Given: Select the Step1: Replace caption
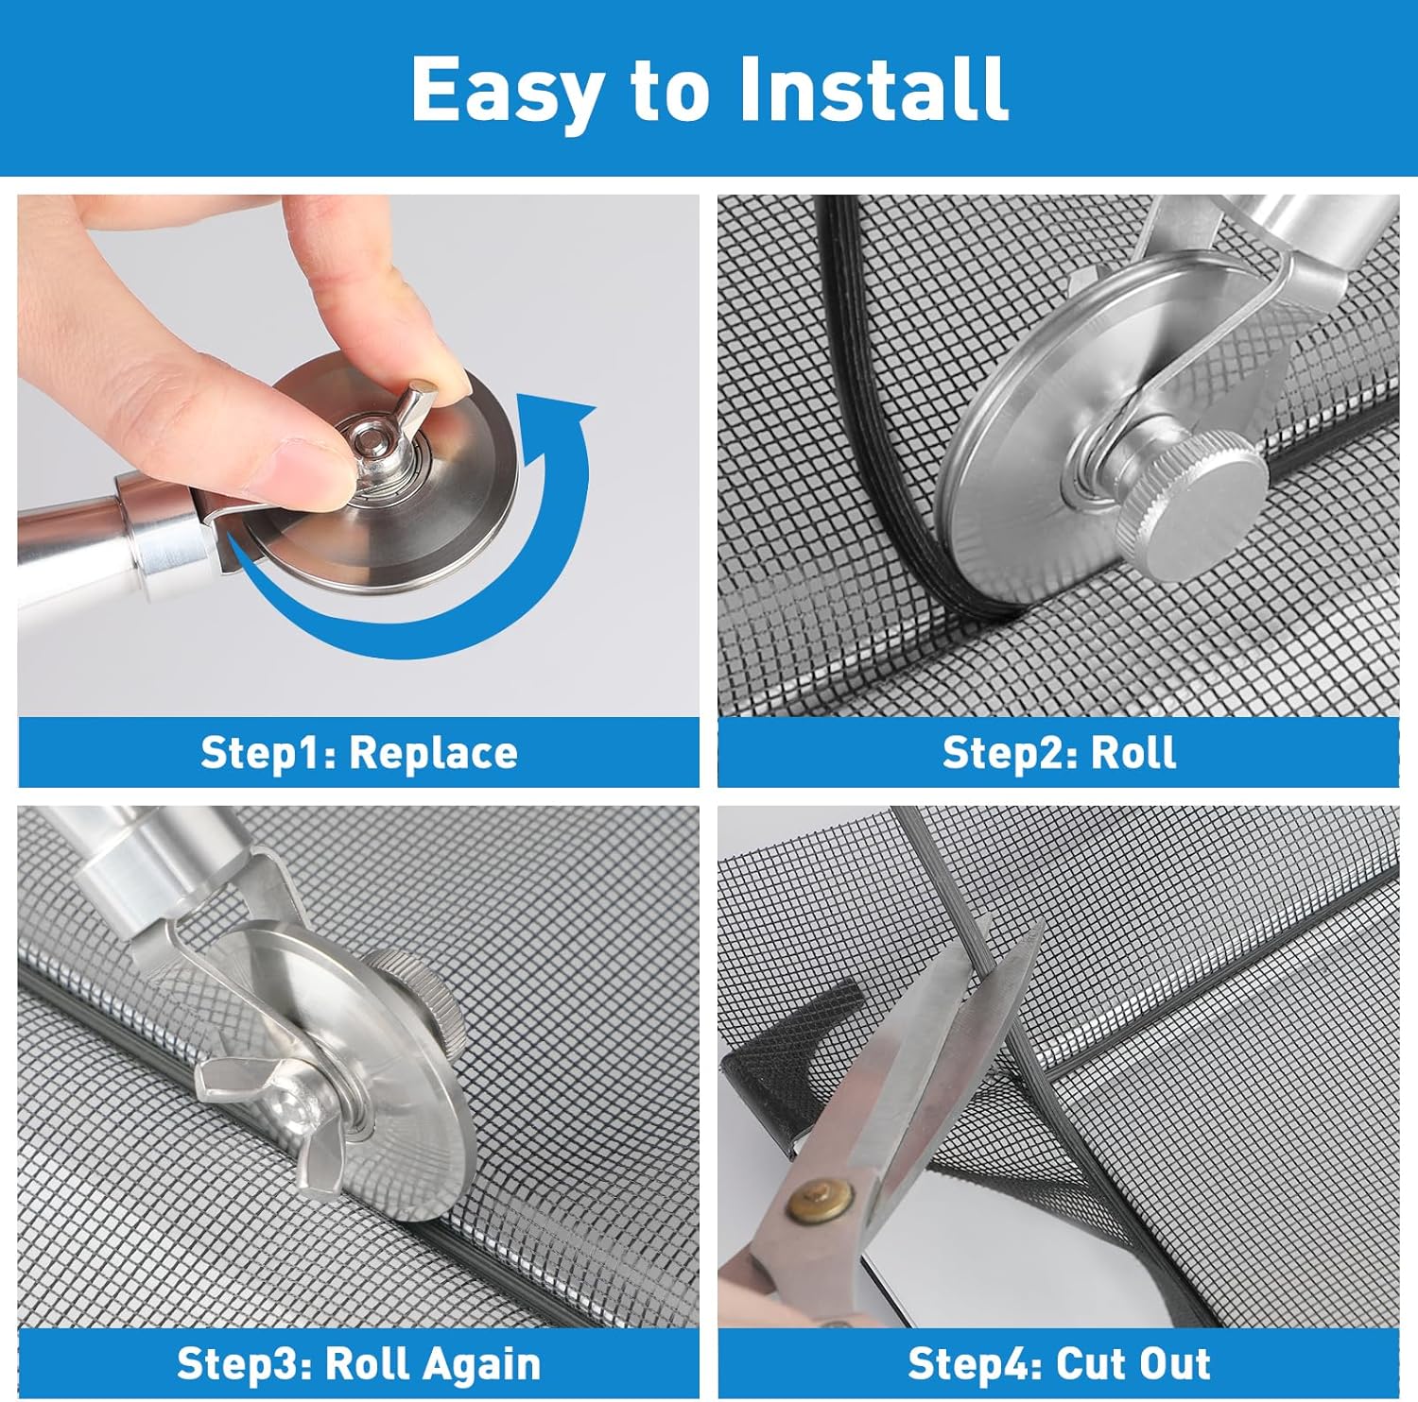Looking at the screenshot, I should tap(359, 753).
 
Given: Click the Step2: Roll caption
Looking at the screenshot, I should tap(1059, 753).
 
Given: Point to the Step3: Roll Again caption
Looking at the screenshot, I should tap(359, 1364).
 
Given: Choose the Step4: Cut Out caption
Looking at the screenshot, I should tap(1059, 1364).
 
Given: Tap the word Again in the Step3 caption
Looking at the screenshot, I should tap(479, 1364).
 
